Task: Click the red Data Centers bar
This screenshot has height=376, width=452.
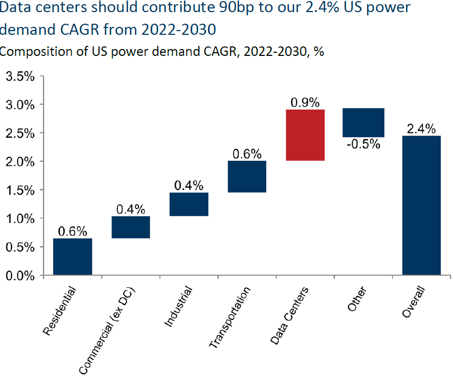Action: [x=305, y=135]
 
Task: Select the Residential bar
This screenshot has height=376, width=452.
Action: [x=73, y=257]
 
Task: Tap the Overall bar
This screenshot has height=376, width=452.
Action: [x=421, y=206]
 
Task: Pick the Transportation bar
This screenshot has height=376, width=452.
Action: [x=247, y=177]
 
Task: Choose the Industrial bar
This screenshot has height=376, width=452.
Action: [x=189, y=205]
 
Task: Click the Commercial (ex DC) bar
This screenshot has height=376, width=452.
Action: [x=130, y=227]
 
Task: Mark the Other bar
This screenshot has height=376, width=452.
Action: [x=363, y=122]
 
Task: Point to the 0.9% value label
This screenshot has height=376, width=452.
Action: [x=305, y=102]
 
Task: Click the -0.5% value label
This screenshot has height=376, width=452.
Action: [x=363, y=144]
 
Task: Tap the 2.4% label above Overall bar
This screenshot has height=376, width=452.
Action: [x=421, y=128]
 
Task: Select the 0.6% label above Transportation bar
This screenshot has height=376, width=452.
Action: [x=247, y=153]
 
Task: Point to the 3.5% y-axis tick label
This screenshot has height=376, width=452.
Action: [x=20, y=76]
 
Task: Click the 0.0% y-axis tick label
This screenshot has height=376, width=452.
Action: [x=20, y=275]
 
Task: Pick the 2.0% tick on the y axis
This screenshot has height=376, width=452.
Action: [x=20, y=161]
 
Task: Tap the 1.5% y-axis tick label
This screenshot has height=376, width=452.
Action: [x=20, y=190]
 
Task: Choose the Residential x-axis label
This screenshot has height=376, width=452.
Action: [x=60, y=311]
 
